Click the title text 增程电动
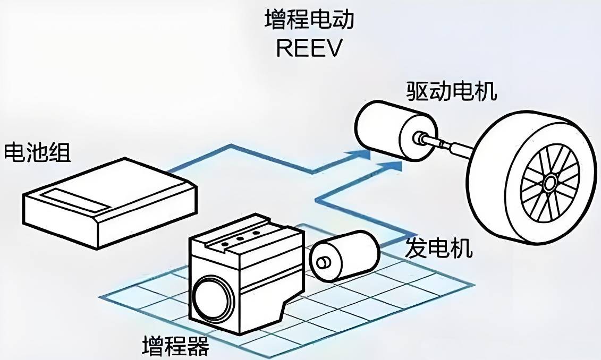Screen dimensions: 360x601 point(308,21)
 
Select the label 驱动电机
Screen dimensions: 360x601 point(452,91)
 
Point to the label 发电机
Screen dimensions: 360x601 point(439,247)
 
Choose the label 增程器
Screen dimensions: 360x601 point(175,346)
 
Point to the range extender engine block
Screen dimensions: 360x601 point(250,271)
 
